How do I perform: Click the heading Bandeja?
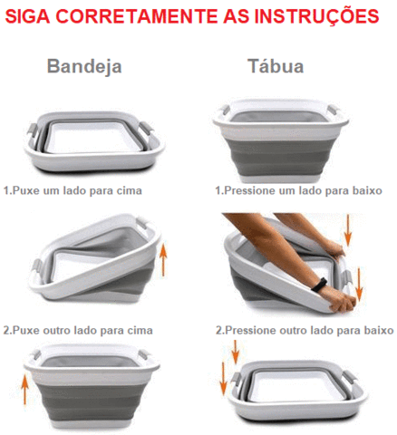pos(84,66)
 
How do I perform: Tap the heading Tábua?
pos(276,65)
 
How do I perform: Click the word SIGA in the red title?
pos(27,16)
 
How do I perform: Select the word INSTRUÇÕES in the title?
pos(316,17)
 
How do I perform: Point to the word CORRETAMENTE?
pos(137,16)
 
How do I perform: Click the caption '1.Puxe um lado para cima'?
pos(73,190)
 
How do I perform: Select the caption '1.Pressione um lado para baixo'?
pos(298,190)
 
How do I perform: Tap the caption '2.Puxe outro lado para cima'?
pos(78,331)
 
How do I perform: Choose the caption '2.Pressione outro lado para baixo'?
pos(305,331)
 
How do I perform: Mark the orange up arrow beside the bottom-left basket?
pos(24,387)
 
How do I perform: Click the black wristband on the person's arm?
pos(319,285)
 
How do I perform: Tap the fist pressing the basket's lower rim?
pos(342,301)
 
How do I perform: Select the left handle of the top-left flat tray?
pos(33,130)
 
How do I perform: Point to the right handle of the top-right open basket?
pos(332,109)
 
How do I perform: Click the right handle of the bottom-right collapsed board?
pos(350,378)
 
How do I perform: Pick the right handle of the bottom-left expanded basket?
pos(143,354)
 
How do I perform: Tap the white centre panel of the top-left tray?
pos(93,138)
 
